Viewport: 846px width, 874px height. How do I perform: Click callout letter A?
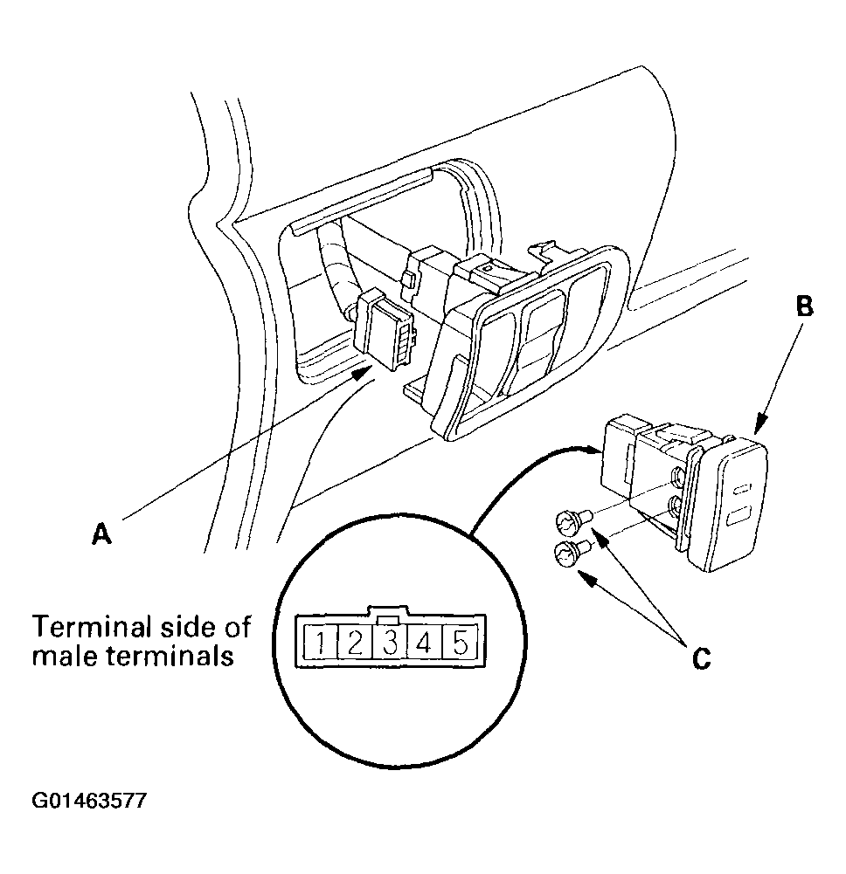[102, 534]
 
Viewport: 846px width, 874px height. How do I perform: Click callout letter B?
[805, 307]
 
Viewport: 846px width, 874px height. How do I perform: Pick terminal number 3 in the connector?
[390, 644]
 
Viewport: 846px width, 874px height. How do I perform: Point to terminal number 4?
[424, 644]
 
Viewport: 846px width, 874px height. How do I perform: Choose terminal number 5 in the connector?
[460, 644]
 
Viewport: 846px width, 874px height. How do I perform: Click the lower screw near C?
[568, 553]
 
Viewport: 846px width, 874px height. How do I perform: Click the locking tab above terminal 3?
[391, 614]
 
